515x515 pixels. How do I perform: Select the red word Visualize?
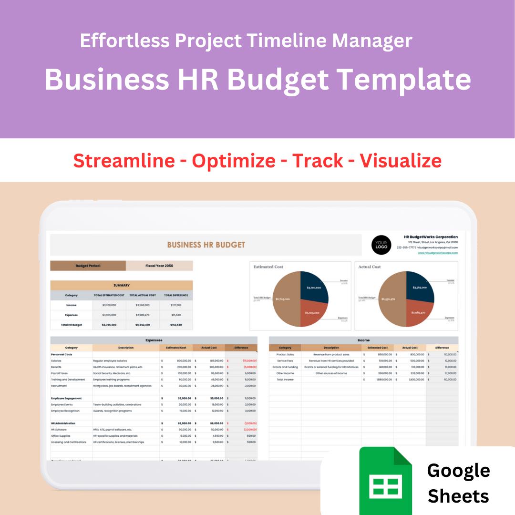pyautogui.click(x=401, y=161)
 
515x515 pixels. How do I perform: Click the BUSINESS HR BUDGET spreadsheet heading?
pyautogui.click(x=206, y=245)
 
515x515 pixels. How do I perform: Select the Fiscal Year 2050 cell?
pyautogui.click(x=159, y=266)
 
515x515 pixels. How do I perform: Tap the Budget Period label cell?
pyautogui.click(x=88, y=266)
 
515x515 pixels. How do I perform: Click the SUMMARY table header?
pyautogui.click(x=122, y=285)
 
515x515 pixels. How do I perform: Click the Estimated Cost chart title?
pyautogui.click(x=269, y=267)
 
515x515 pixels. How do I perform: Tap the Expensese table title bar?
pyautogui.click(x=154, y=340)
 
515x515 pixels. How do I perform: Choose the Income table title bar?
pyautogui.click(x=363, y=340)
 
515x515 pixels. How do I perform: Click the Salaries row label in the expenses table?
pyautogui.click(x=56, y=361)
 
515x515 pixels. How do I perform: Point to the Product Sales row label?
pyautogui.click(x=285, y=355)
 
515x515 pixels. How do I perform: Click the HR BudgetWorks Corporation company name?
pyautogui.click(x=431, y=237)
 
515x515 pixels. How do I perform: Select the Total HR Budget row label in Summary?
pyautogui.click(x=72, y=325)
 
